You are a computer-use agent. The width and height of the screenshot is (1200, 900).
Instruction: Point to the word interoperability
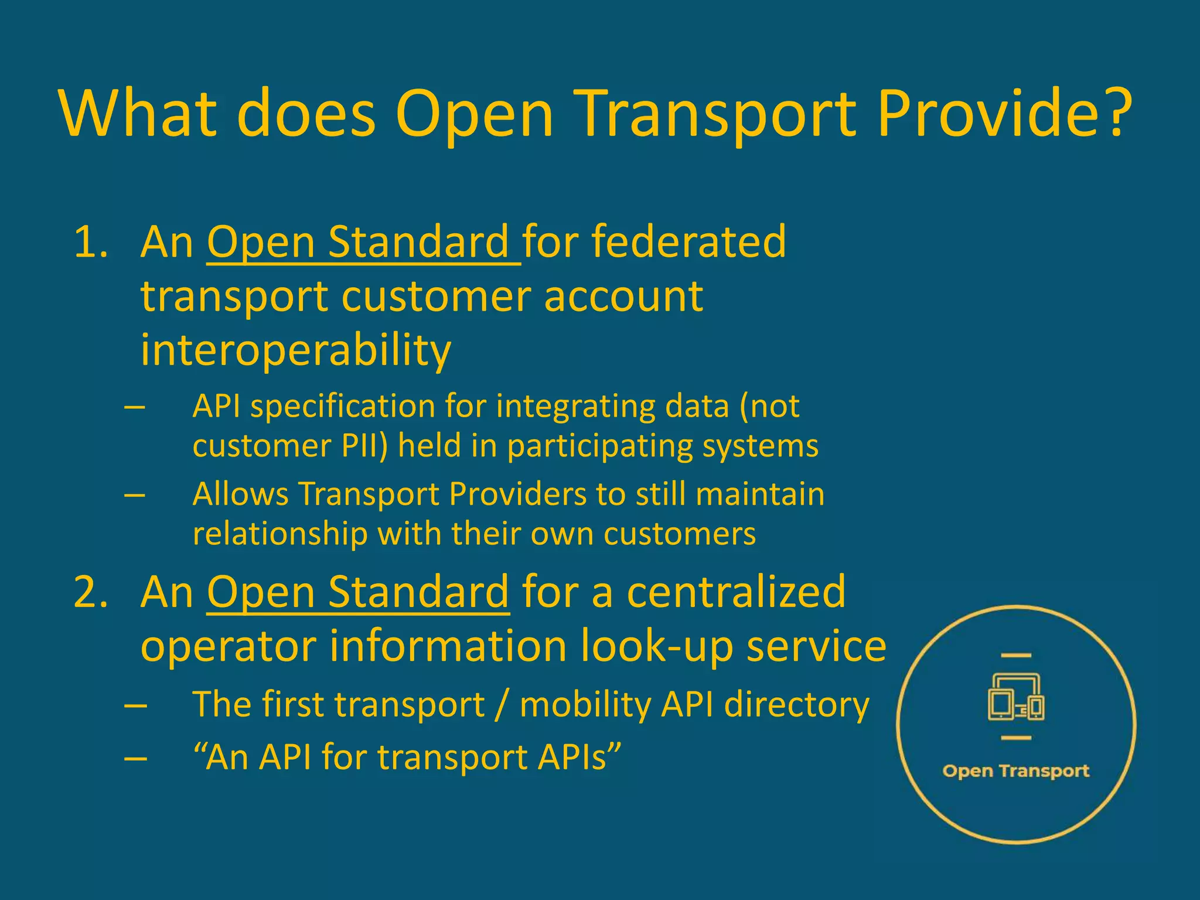[x=296, y=350]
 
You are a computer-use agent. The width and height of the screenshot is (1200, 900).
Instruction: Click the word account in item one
[x=623, y=296]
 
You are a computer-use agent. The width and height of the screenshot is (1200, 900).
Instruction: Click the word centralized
[x=737, y=592]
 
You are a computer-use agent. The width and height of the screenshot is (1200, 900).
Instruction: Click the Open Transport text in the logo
[x=1016, y=771]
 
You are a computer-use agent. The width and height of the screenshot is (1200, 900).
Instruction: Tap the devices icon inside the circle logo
[x=1016, y=697]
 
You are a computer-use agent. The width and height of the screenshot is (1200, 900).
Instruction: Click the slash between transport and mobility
[x=502, y=705]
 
